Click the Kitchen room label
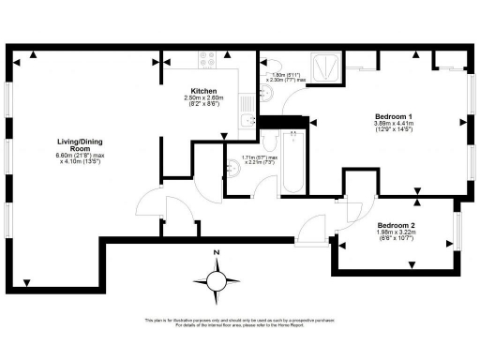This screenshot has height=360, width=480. click(x=204, y=91)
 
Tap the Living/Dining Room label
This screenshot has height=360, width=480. click(x=72, y=145)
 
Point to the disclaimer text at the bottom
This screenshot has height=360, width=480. click(x=240, y=323)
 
